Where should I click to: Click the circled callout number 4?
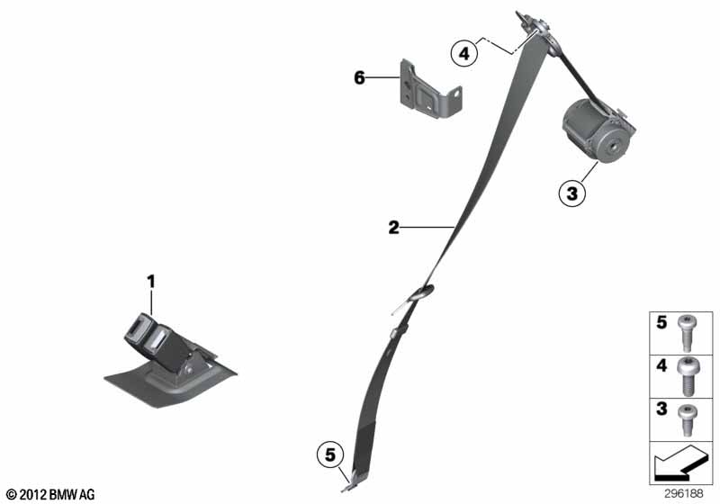click(464, 54)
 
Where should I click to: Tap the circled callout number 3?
click(572, 193)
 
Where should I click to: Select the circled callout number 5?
click(330, 454)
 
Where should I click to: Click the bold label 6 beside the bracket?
click(359, 77)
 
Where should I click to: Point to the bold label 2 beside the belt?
click(393, 227)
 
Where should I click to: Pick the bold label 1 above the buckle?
click(151, 282)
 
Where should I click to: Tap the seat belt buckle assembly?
click(170, 360)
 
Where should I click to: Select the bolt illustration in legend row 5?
click(688, 333)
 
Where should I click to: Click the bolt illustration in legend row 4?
click(688, 376)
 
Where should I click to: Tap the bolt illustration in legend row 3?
click(688, 420)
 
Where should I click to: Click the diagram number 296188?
click(684, 493)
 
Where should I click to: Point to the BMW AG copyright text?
click(51, 494)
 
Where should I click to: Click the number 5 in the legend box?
click(661, 322)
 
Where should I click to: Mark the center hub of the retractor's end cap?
click(612, 148)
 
